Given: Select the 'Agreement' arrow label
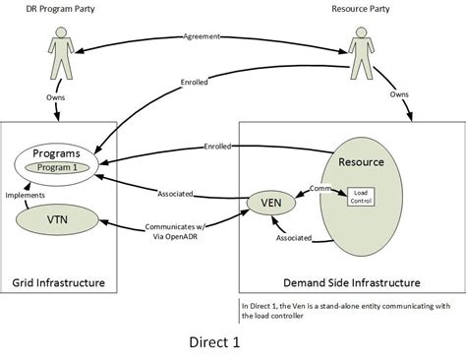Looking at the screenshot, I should [x=202, y=36].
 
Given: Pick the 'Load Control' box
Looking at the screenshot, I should [x=358, y=198].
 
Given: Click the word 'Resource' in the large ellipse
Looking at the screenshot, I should [x=361, y=159].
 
